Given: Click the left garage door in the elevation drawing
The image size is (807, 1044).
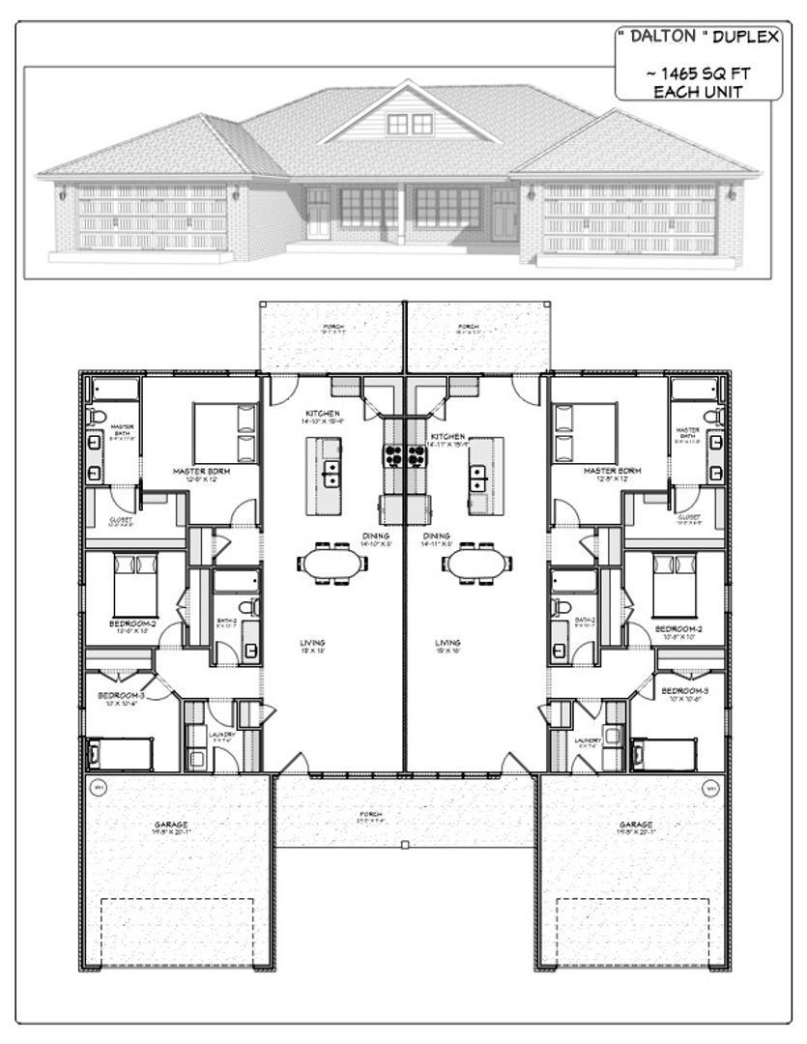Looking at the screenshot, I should pyautogui.click(x=152, y=218).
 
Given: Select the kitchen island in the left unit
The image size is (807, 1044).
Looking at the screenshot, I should pyautogui.click(x=328, y=475).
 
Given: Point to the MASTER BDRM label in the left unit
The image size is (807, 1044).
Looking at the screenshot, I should pyautogui.click(x=201, y=472).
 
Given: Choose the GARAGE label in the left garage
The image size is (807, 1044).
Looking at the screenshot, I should pyautogui.click(x=171, y=825).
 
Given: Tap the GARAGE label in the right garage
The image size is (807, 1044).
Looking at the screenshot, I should pyautogui.click(x=637, y=825).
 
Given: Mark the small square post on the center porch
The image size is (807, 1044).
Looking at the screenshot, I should pyautogui.click(x=404, y=846).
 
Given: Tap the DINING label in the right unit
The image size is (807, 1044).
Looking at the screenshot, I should pyautogui.click(x=437, y=536).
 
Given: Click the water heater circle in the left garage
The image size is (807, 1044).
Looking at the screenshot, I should pyautogui.click(x=98, y=788).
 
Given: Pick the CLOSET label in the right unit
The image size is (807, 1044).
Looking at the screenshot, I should pyautogui.click(x=689, y=517).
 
